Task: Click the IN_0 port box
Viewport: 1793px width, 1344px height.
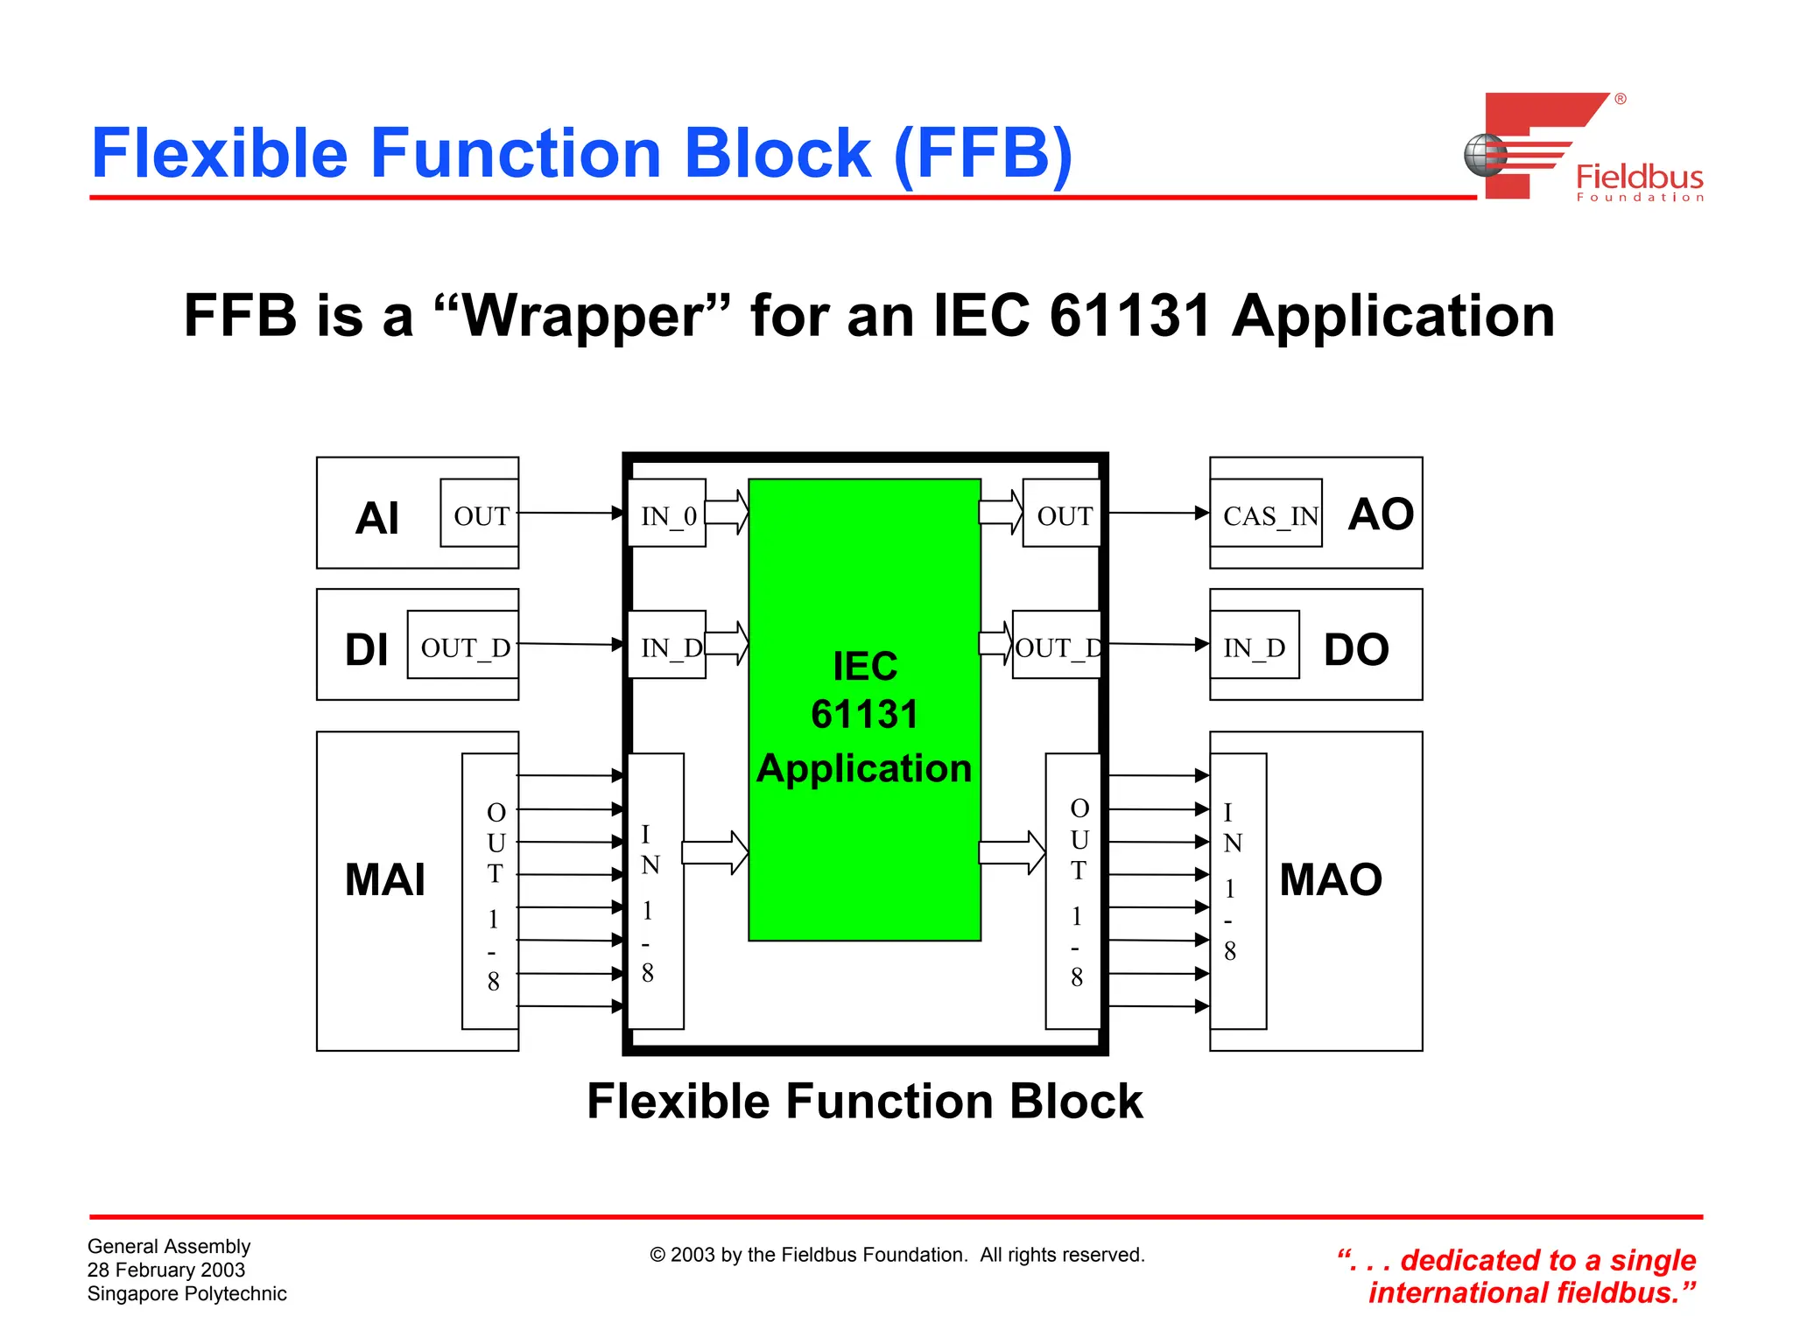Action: point(667,514)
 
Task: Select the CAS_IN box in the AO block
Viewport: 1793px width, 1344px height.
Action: point(1266,514)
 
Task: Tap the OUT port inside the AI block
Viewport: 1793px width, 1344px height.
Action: point(480,514)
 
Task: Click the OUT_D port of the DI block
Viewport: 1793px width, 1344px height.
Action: point(463,646)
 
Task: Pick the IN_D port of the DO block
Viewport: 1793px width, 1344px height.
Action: point(1255,646)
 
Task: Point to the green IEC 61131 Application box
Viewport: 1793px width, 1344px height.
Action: point(864,710)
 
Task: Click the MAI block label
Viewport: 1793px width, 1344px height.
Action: point(385,879)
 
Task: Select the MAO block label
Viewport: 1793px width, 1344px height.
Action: point(1331,879)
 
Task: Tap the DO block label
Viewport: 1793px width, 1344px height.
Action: point(1356,649)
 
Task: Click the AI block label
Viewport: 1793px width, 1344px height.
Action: point(377,517)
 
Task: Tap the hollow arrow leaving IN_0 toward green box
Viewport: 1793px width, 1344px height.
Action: point(727,512)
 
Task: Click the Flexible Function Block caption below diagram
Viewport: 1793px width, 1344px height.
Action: point(865,1101)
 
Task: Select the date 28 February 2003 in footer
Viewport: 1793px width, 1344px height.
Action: point(166,1270)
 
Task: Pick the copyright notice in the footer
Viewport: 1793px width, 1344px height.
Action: point(896,1255)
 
